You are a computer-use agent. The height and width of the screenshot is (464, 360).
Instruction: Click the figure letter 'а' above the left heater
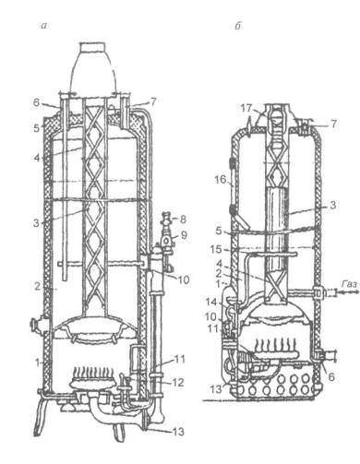click(44, 26)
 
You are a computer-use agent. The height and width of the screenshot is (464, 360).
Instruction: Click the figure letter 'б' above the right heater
click(237, 26)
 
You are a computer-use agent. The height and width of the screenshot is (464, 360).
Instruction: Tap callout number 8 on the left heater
click(183, 220)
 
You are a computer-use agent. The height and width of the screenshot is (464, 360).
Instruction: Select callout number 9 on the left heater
click(184, 235)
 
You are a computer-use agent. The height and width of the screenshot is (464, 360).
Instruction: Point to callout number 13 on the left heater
click(178, 432)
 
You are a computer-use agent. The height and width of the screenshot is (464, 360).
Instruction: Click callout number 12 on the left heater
click(178, 382)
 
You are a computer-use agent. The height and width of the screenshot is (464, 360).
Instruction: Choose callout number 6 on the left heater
click(37, 102)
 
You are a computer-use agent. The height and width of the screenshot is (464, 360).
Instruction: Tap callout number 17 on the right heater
click(246, 108)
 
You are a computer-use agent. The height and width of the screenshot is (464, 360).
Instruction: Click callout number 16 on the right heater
click(221, 179)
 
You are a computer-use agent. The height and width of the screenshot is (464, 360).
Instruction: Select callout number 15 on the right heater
click(216, 249)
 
